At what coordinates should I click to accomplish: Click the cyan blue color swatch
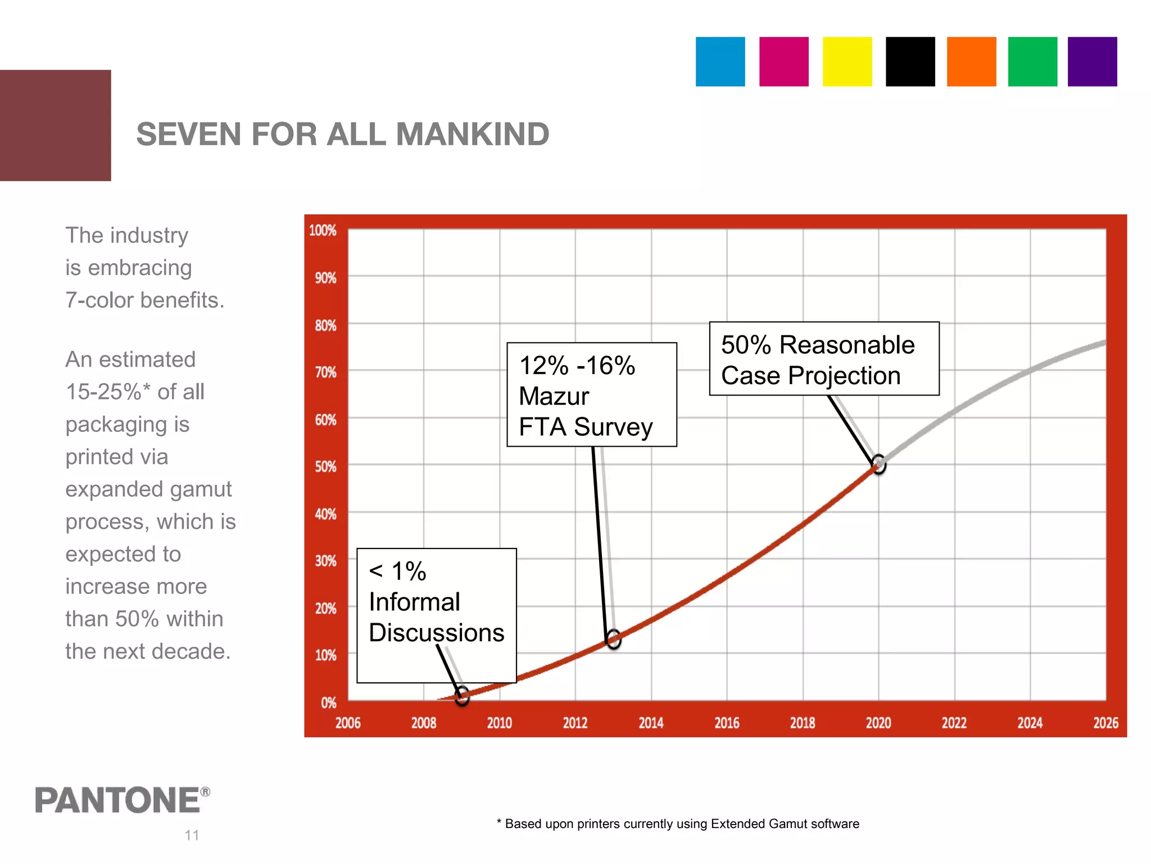[x=720, y=62]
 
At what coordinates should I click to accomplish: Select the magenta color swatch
[x=783, y=62]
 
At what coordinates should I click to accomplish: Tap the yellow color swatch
[x=847, y=62]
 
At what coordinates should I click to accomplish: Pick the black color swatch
[x=910, y=62]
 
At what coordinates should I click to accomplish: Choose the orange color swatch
[x=971, y=62]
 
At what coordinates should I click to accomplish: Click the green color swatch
[x=1032, y=62]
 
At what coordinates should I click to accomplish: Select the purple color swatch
[x=1092, y=62]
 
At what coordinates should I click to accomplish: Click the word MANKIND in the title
[x=472, y=134]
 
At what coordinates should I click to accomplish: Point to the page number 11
[x=192, y=835]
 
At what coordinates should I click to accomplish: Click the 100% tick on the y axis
[x=323, y=231]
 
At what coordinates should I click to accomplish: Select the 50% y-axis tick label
[x=325, y=467]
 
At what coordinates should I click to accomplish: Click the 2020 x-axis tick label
[x=878, y=723]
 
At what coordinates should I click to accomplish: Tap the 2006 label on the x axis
[x=348, y=723]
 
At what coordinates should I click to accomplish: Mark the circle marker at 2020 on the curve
[x=878, y=465]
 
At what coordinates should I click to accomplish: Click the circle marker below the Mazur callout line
[x=613, y=639]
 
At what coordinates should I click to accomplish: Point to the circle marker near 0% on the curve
[x=462, y=696]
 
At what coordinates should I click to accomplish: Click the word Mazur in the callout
[x=554, y=396]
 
